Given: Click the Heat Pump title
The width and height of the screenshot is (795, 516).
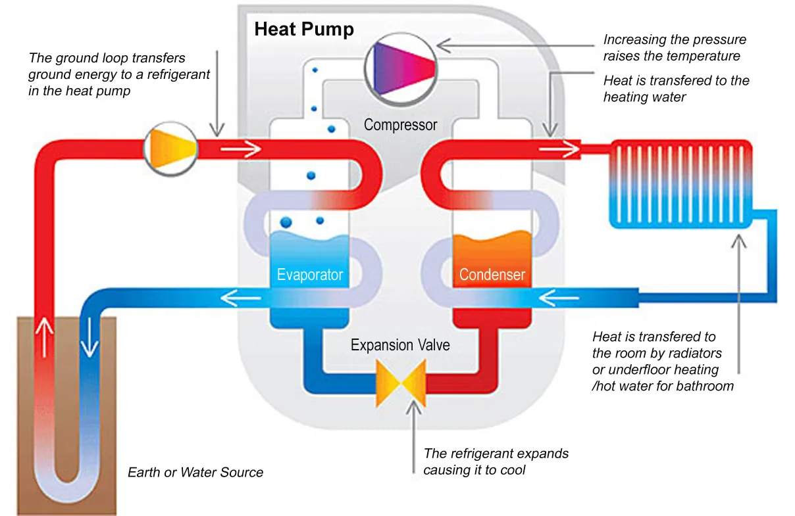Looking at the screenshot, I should [x=304, y=30].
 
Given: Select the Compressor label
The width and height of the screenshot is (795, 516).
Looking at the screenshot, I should [x=400, y=124].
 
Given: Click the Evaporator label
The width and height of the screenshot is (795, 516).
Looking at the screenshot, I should [x=310, y=274].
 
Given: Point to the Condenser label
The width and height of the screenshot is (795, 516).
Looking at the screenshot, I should [x=492, y=274].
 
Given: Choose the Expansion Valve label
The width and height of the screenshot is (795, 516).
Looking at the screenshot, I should [x=400, y=345].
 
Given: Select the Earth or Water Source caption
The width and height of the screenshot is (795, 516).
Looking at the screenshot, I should [x=195, y=472].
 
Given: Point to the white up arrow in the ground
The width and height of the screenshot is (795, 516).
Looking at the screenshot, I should [x=44, y=336].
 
